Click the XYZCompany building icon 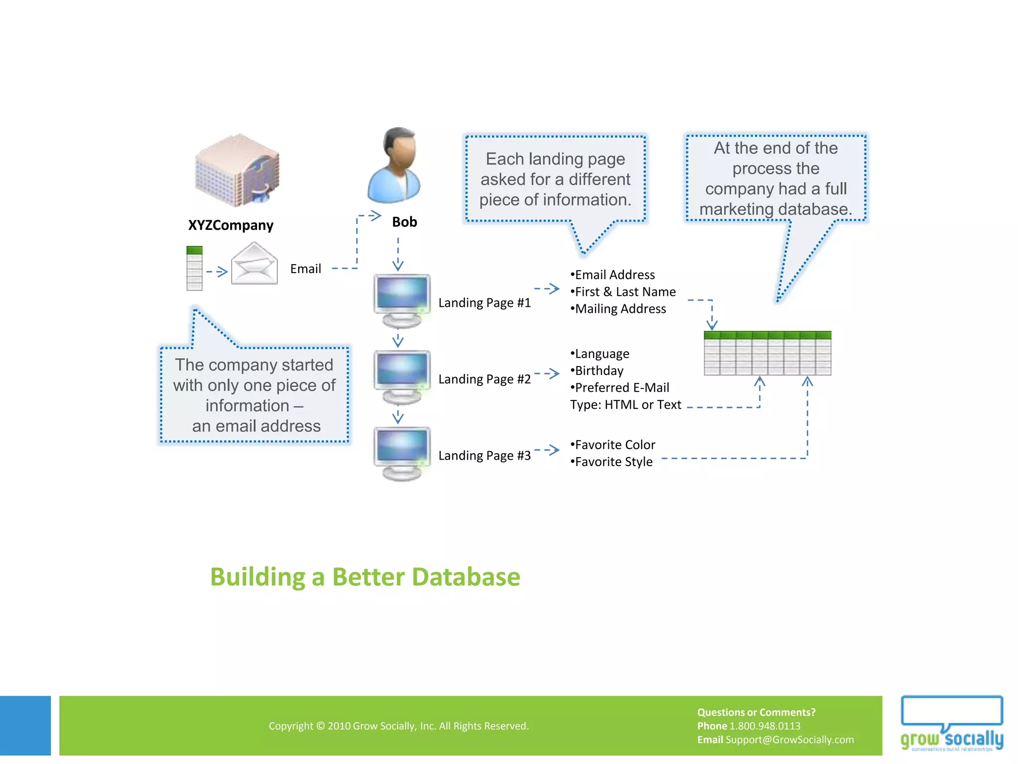[x=237, y=171]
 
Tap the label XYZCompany [x=231, y=225]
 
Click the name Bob [x=404, y=222]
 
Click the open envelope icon [x=254, y=264]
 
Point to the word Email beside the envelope [x=305, y=269]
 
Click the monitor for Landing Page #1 [x=402, y=300]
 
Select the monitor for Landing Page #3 [x=402, y=453]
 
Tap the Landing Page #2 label [x=484, y=379]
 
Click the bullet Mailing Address [x=619, y=309]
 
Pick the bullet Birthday [x=598, y=371]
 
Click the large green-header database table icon [x=767, y=353]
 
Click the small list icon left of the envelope [x=194, y=268]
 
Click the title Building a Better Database [x=365, y=577]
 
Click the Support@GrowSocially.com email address [x=789, y=740]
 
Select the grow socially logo [x=951, y=724]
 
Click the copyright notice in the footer [x=398, y=726]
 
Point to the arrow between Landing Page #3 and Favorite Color [x=547, y=450]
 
